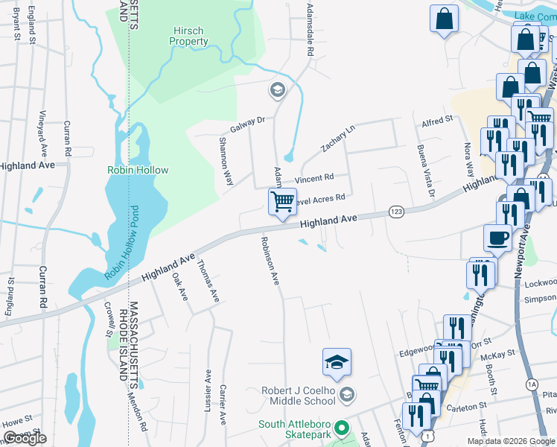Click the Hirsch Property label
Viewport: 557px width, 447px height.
click(189, 37)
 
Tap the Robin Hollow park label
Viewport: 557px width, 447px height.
click(138, 170)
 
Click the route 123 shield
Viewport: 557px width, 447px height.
click(396, 213)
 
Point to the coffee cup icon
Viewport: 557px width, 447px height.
click(497, 238)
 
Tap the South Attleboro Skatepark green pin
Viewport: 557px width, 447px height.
click(342, 428)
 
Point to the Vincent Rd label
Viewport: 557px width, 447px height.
click(313, 179)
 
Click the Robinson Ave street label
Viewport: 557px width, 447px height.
click(270, 261)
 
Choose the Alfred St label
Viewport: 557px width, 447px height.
click(437, 120)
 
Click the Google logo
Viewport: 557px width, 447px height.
click(25, 438)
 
